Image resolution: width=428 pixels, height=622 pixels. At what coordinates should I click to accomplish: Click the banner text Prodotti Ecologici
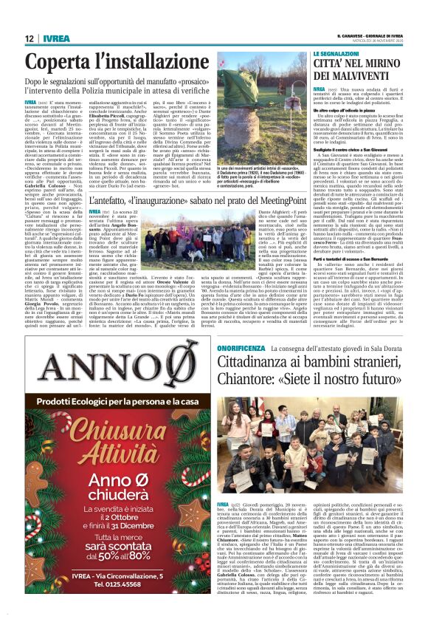pos(85,400)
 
